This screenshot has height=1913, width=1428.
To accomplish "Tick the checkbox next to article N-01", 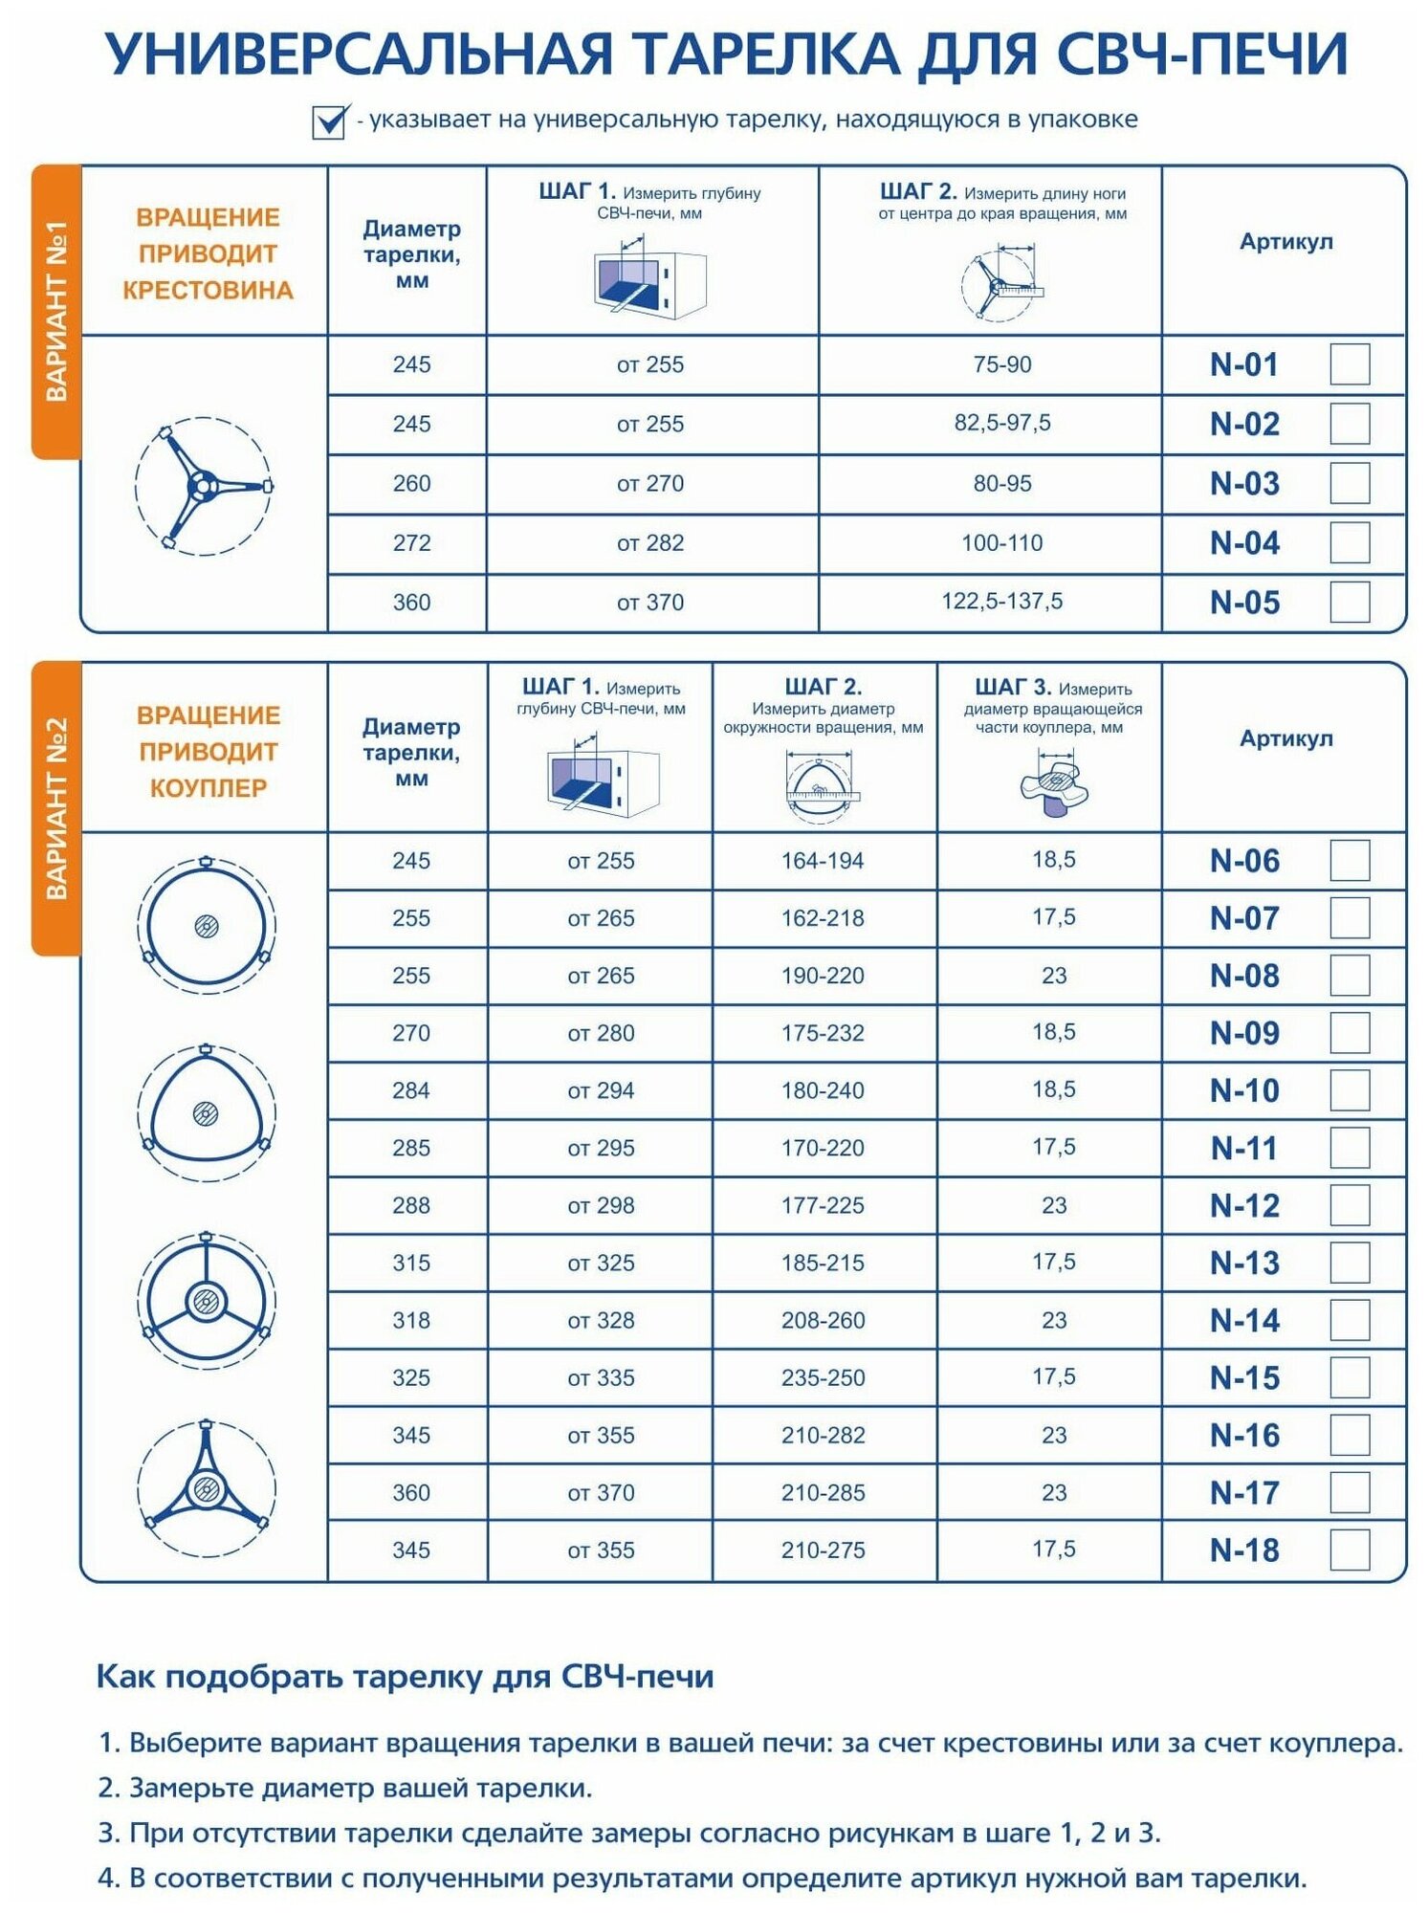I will tap(1349, 364).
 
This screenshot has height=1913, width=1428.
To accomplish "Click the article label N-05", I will tap(1244, 603).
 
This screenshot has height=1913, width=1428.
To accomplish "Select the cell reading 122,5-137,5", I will tap(1001, 602).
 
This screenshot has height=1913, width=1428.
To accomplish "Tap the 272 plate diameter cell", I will tap(411, 543).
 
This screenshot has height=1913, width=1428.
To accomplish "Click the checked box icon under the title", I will tap(329, 121).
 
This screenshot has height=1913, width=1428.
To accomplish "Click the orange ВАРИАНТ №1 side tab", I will tap(56, 311).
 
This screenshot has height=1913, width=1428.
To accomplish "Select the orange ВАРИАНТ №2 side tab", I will tap(56, 808).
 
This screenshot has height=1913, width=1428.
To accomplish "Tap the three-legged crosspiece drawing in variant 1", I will tap(204, 486).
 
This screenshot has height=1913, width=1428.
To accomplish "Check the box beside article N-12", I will tap(1349, 1205).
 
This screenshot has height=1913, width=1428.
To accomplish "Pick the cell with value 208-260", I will tap(823, 1320).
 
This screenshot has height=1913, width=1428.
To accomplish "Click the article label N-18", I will tap(1244, 1550).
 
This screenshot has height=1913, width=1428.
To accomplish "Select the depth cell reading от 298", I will tap(601, 1205).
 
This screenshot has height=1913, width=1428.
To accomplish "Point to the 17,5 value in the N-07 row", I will tap(1053, 917).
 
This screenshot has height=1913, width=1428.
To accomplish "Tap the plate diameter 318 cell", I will tap(411, 1320).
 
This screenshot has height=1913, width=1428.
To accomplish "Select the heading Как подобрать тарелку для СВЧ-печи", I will tap(405, 1677).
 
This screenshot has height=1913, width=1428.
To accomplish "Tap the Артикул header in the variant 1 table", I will tap(1285, 242).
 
